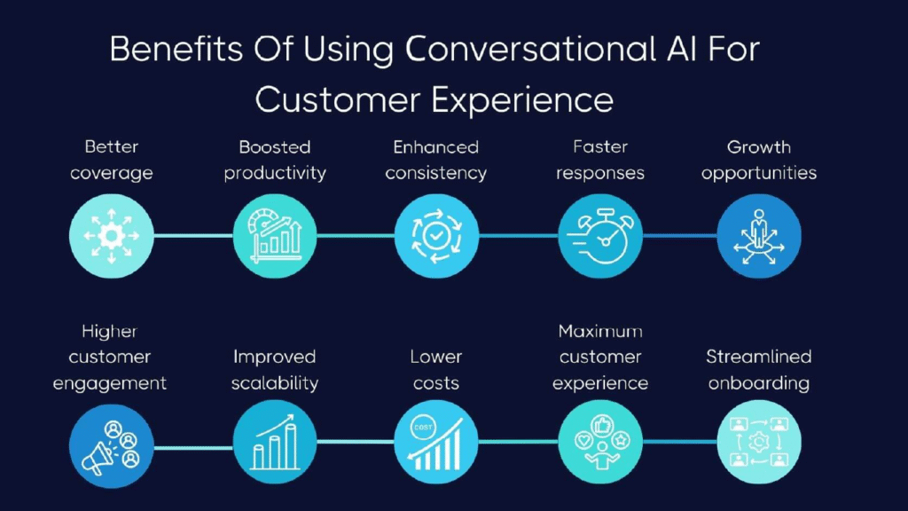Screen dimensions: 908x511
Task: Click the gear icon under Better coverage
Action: pyautogui.click(x=111, y=236)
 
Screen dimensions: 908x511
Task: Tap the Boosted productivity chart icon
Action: pyautogui.click(x=275, y=236)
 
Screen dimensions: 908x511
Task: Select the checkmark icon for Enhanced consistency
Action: pyautogui.click(x=436, y=236)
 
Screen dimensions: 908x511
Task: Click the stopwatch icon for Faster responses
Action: pyautogui.click(x=600, y=236)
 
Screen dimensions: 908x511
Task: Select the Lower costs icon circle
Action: pyautogui.click(x=436, y=442)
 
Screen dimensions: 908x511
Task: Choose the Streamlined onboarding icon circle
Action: pyautogui.click(x=759, y=442)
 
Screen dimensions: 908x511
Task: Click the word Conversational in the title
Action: pyautogui.click(x=530, y=49)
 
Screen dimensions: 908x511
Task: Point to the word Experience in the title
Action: pyautogui.click(x=522, y=99)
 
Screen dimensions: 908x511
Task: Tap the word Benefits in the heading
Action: pyautogui.click(x=176, y=49)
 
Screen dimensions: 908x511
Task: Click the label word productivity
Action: pyautogui.click(x=275, y=173)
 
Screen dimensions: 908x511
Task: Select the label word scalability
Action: pyautogui.click(x=275, y=383)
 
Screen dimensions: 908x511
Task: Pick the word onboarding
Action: pyautogui.click(x=759, y=383)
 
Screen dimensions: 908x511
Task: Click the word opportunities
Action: pyautogui.click(x=759, y=173)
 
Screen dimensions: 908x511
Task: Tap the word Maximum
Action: pyautogui.click(x=600, y=331)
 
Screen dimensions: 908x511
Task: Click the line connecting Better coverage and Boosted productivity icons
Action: pyautogui.click(x=193, y=235)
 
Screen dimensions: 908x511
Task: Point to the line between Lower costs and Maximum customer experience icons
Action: pyautogui.click(x=518, y=442)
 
